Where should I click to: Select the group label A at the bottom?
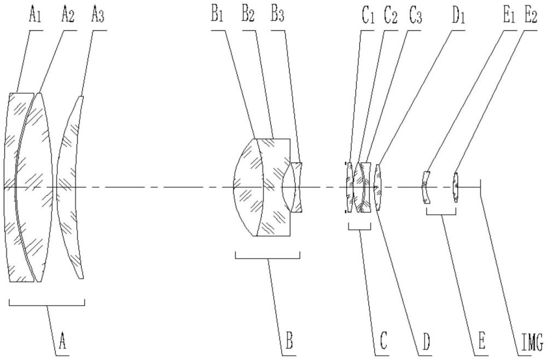(x=63, y=343)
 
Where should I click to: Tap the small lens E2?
(x=455, y=187)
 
